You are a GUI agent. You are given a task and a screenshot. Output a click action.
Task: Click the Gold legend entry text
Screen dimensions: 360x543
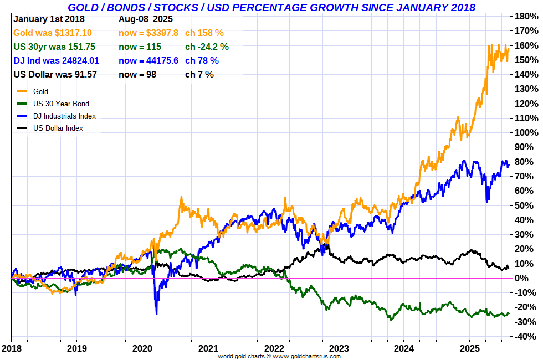40,91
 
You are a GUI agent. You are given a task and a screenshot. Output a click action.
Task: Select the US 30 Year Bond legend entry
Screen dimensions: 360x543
61,104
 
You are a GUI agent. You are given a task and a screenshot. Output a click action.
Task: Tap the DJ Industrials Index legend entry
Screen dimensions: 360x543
64,116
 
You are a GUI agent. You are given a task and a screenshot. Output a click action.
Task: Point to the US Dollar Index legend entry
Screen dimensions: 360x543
58,128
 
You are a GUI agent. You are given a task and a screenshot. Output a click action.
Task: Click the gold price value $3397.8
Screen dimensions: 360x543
148,33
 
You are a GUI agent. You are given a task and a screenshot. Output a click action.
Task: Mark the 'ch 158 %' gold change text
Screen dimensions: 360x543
204,33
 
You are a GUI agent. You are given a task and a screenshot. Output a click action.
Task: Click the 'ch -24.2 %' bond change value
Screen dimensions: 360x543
207,47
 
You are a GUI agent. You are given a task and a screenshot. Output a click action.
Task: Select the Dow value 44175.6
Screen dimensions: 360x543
148,60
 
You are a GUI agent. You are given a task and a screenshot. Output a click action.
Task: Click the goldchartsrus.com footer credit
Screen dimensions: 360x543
279,356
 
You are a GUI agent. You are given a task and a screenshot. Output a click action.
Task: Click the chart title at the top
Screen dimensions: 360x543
271,7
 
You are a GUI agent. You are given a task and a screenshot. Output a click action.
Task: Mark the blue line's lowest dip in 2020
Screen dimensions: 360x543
156,314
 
